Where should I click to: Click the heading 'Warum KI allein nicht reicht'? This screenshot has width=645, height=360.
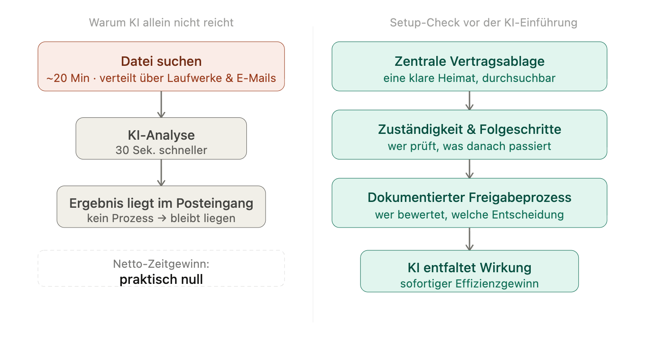161,22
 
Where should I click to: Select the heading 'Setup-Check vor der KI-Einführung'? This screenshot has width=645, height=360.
483,22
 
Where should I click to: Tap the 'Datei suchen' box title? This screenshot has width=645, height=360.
161,61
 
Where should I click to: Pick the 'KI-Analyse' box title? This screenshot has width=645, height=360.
161,135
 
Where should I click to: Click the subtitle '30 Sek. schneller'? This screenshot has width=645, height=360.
161,150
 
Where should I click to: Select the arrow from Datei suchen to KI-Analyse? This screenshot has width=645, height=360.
161,104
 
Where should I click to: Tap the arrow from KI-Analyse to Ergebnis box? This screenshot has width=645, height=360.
161,172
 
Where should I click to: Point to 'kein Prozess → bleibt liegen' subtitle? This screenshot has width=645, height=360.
161,219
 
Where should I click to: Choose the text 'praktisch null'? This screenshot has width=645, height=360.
161,280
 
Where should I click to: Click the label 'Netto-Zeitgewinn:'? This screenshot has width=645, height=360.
161,264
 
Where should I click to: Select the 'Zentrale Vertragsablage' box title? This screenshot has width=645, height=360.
469,61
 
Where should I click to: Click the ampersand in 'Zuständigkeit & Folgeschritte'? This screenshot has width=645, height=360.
470,129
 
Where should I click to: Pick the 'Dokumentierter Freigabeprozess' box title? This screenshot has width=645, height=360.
469,197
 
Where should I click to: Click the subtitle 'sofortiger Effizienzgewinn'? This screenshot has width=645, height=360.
469,283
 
